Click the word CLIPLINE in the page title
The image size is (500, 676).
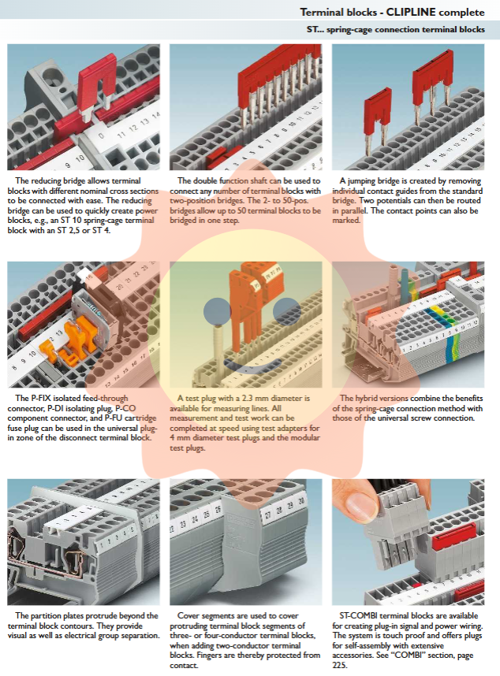coord(411,12)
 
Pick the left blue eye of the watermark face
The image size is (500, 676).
coord(218,311)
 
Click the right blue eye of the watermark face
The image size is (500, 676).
coord(286,311)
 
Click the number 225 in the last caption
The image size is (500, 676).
coord(339,665)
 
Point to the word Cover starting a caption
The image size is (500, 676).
coord(189,615)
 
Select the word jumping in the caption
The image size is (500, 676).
coord(363,181)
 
